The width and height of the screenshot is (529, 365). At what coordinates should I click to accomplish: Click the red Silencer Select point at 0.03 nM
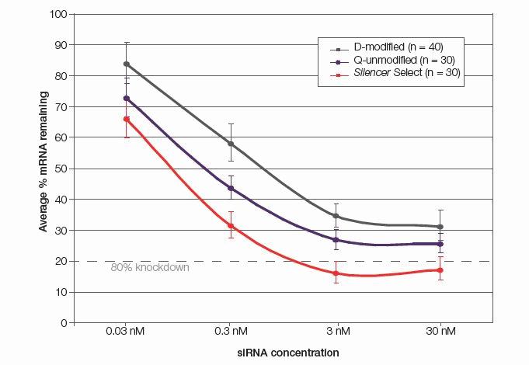pos(126,119)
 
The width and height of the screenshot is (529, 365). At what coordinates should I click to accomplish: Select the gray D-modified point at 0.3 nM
pos(231,144)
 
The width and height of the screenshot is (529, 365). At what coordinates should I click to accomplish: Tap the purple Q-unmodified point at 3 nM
pos(336,240)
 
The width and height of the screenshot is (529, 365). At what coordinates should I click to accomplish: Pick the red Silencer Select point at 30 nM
pos(440,270)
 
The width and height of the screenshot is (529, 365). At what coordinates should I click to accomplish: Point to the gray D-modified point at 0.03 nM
pos(126,64)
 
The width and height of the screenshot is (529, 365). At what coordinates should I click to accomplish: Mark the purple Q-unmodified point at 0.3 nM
pos(231,188)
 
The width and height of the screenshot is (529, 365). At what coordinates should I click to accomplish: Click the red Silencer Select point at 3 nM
pos(336,273)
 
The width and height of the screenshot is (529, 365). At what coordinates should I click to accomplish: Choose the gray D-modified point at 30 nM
pos(440,227)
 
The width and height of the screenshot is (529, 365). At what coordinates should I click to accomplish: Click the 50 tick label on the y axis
pos(58,169)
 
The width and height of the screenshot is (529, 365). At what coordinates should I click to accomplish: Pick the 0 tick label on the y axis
pos(61,323)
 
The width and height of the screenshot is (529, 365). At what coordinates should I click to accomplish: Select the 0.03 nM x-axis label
pos(126,332)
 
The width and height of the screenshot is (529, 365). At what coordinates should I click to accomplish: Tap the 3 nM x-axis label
pos(336,332)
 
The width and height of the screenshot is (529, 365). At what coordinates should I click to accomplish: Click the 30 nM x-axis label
pos(440,332)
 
